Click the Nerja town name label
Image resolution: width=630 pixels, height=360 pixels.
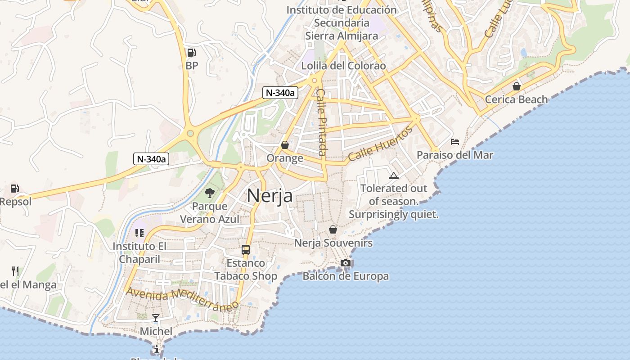(x=270, y=196)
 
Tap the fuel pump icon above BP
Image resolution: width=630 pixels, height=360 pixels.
(x=191, y=53)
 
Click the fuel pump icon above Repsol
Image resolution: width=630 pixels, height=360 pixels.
(x=15, y=189)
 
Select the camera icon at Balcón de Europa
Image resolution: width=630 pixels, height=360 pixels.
(x=345, y=263)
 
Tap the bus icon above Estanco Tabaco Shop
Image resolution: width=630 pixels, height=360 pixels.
(x=245, y=249)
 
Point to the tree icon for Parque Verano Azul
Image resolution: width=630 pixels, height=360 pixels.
(x=209, y=193)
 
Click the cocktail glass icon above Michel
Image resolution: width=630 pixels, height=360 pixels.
(x=156, y=318)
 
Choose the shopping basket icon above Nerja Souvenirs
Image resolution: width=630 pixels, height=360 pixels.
(x=333, y=229)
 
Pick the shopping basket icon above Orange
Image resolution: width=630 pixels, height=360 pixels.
(x=284, y=145)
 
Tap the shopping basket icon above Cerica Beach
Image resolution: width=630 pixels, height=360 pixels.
(x=516, y=86)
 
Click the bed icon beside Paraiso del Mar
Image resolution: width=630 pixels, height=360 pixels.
(x=455, y=142)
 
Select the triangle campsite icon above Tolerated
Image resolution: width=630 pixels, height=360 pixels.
(x=393, y=175)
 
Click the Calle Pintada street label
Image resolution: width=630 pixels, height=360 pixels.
(x=322, y=122)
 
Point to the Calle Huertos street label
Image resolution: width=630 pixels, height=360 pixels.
(x=380, y=144)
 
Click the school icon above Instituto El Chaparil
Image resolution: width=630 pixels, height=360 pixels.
(x=139, y=233)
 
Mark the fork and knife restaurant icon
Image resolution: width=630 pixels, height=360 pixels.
(x=15, y=271)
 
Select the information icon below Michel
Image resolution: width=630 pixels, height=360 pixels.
(x=156, y=349)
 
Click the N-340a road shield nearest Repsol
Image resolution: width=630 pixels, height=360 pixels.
(x=151, y=159)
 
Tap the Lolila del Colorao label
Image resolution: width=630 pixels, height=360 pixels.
(x=343, y=66)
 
